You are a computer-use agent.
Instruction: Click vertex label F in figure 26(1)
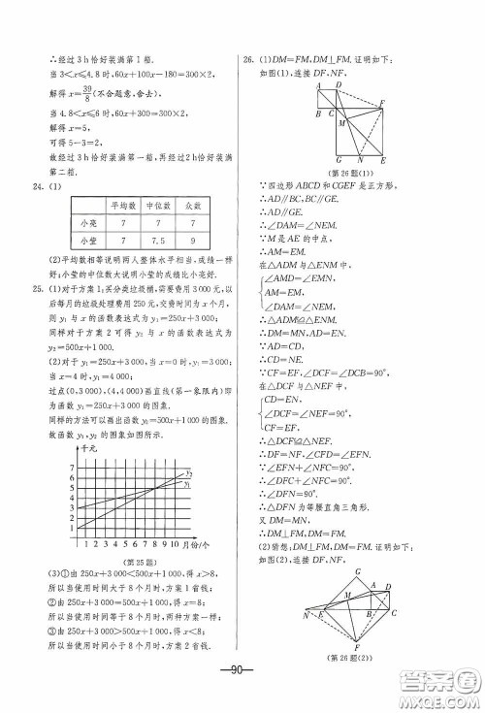385,103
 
